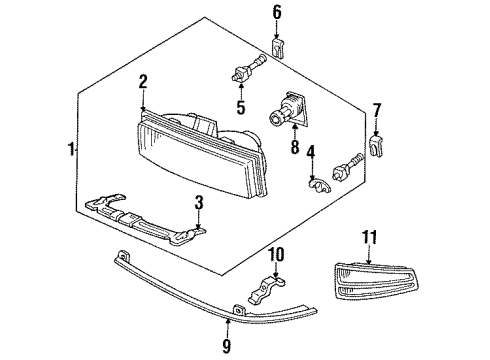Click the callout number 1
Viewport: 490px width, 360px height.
[70, 150]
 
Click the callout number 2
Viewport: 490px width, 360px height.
[144, 82]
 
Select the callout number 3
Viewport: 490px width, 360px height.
[199, 203]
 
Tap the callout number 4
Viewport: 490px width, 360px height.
[311, 153]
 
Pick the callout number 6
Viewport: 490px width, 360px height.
[277, 12]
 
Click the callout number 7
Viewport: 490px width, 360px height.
[376, 109]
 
